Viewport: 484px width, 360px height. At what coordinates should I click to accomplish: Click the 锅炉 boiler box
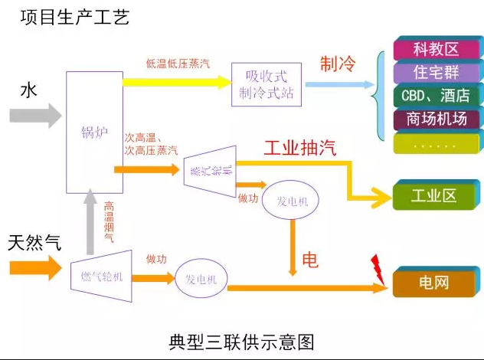(94, 132)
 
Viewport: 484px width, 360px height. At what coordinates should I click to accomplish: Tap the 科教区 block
(436, 50)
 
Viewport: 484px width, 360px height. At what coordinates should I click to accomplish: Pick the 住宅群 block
(436, 74)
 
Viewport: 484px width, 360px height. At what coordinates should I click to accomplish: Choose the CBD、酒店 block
(436, 97)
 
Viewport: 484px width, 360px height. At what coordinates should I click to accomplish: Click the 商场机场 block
(436, 119)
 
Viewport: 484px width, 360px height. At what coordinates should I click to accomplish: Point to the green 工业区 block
(434, 195)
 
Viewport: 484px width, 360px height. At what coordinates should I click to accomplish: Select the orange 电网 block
(434, 283)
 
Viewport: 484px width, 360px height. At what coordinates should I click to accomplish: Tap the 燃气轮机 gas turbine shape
(102, 276)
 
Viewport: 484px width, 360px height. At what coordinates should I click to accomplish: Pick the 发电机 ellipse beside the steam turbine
(290, 201)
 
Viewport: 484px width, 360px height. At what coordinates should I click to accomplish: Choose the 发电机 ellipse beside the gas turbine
(201, 280)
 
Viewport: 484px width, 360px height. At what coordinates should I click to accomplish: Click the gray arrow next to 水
(35, 116)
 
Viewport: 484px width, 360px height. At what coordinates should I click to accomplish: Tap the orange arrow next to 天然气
(34, 268)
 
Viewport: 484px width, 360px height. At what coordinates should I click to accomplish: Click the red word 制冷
(338, 64)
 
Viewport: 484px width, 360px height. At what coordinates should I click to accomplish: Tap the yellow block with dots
(434, 143)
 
